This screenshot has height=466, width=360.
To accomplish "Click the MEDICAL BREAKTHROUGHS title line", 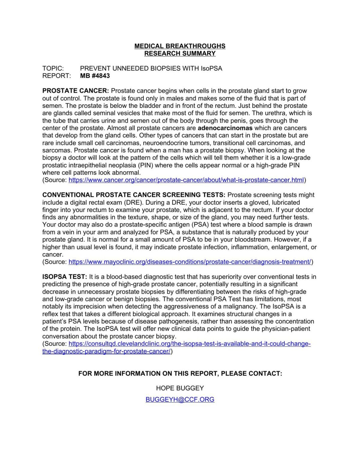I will pyautogui.click(x=180, y=46).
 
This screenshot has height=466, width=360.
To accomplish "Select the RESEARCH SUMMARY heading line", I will pyautogui.click(x=180, y=54).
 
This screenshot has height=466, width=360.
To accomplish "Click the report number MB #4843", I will pyautogui.click(x=95, y=76).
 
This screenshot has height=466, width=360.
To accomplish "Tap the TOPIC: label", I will pyautogui.click(x=53, y=68).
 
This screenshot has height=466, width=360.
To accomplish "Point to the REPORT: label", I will pyautogui.click(x=56, y=76).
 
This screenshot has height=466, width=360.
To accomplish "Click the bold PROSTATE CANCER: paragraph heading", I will pyautogui.click(x=76, y=91).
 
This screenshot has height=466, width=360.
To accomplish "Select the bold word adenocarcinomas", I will pyautogui.click(x=225, y=128).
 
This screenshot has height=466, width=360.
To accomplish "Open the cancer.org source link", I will pyautogui.click(x=186, y=180).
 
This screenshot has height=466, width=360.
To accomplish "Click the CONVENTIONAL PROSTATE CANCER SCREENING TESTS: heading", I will pyautogui.click(x=134, y=195).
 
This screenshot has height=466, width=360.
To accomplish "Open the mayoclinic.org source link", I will pyautogui.click(x=190, y=262).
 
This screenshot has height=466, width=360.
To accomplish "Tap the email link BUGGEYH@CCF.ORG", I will pyautogui.click(x=180, y=400).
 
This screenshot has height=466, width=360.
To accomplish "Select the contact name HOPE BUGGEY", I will pyautogui.click(x=180, y=388).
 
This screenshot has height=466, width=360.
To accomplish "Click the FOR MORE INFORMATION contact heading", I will pyautogui.click(x=180, y=374).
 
